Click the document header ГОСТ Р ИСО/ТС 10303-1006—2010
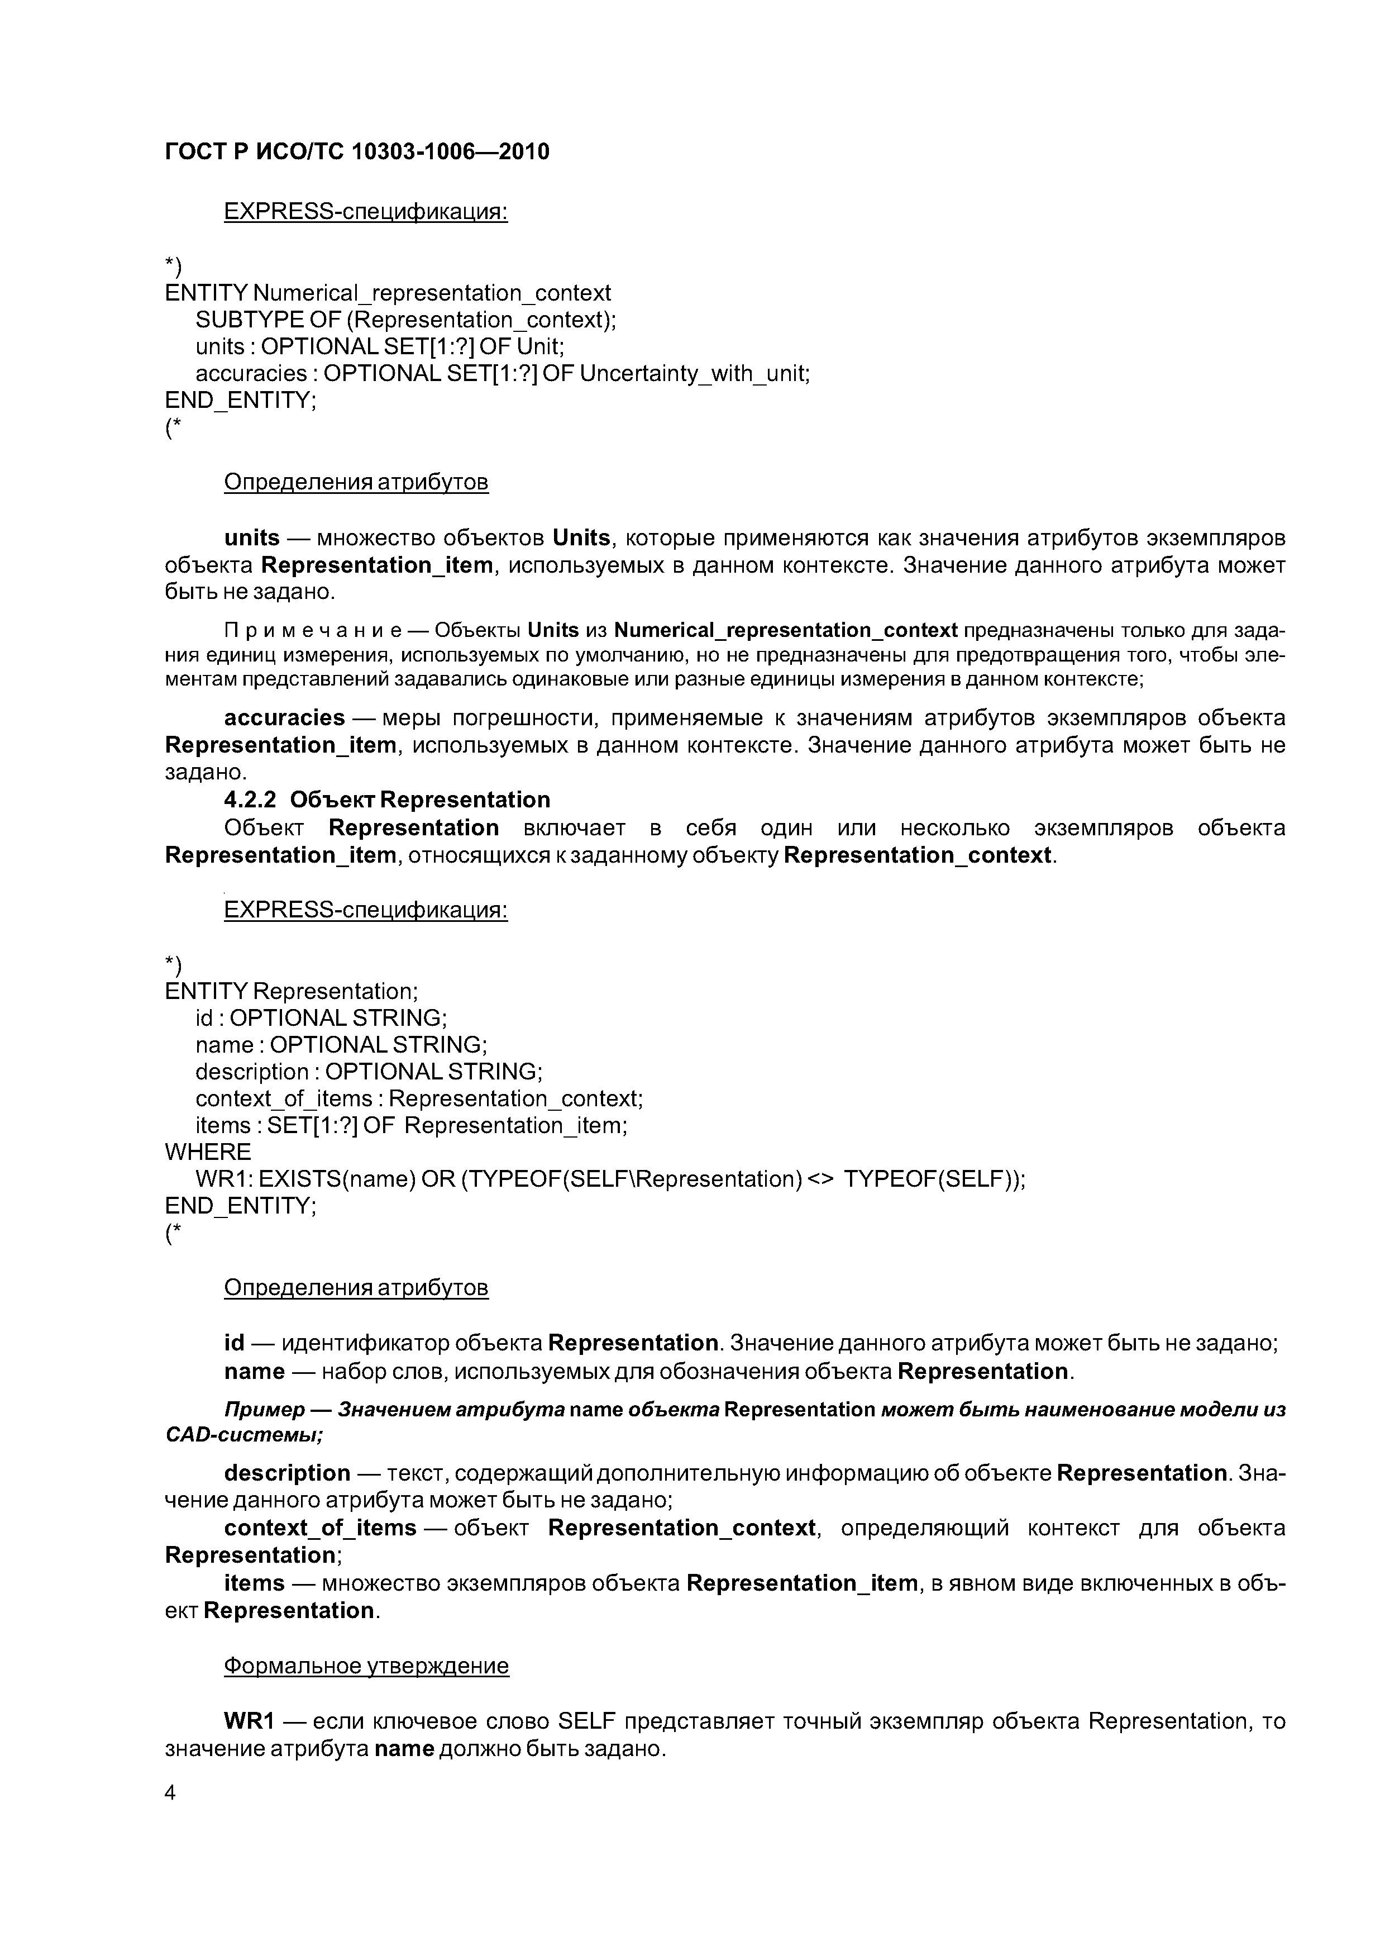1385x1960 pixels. (x=357, y=152)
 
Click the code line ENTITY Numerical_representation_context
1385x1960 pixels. (x=388, y=293)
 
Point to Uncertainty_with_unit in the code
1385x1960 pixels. (x=694, y=373)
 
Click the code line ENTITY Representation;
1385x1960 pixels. (x=291, y=991)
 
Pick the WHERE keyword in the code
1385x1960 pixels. (x=207, y=1152)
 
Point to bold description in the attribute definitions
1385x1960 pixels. (x=286, y=1473)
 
